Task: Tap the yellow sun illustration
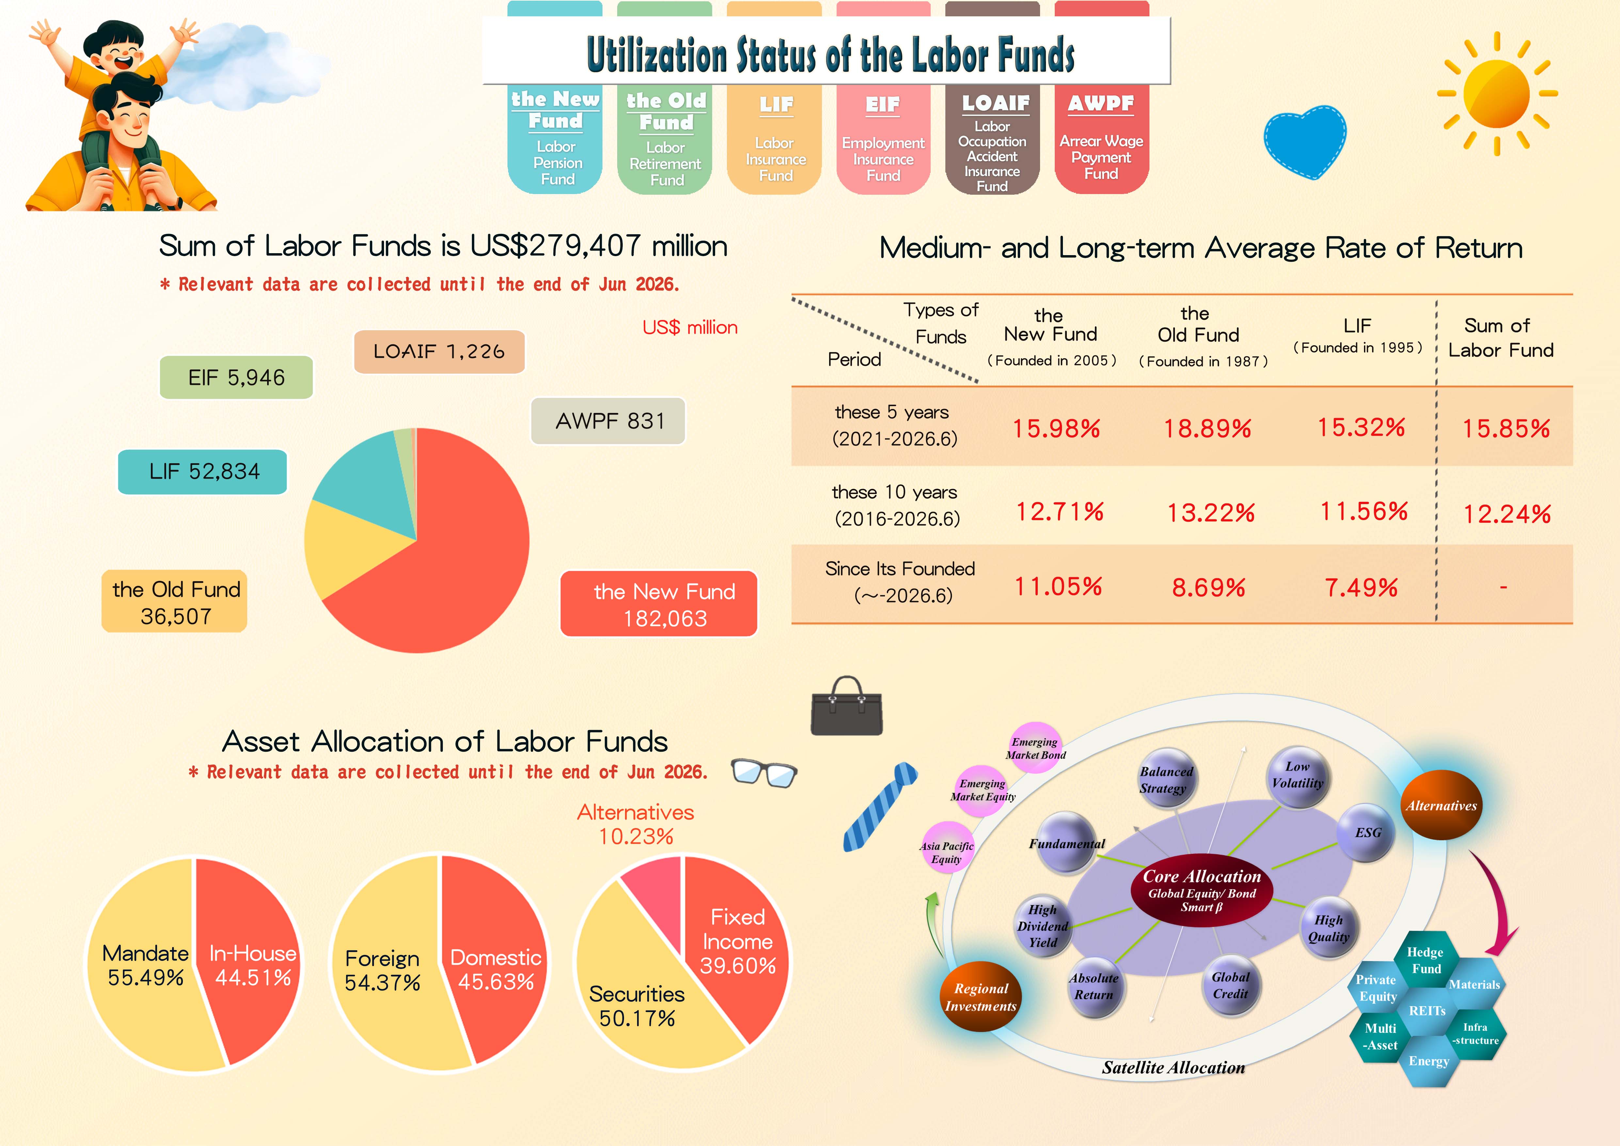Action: click(1497, 93)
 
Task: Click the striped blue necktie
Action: click(880, 807)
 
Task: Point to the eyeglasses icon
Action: click(764, 773)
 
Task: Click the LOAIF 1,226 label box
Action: click(439, 352)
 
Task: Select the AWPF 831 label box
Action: click(608, 421)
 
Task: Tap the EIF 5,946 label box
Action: click(236, 378)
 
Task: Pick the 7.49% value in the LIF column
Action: click(1361, 587)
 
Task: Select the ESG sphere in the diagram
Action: click(1367, 833)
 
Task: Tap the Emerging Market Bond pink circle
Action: click(1035, 747)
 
